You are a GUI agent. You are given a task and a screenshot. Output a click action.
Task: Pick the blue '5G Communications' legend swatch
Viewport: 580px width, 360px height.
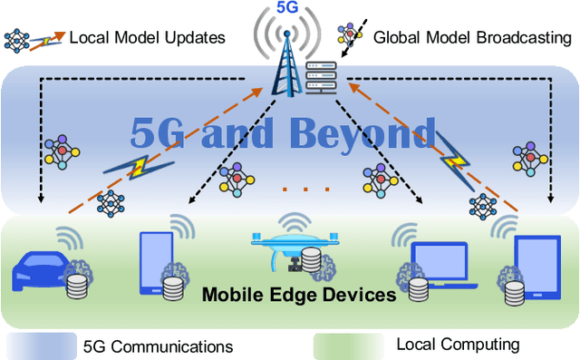point(41,346)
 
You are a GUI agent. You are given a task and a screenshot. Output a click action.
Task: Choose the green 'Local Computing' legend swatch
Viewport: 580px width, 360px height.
point(349,346)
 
